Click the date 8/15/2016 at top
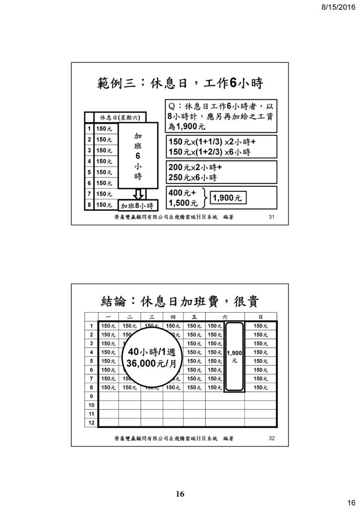pyautogui.click(x=339, y=7)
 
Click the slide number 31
pyautogui.click(x=271, y=217)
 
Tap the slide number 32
pyautogui.click(x=271, y=438)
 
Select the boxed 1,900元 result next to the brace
pyautogui.click(x=228, y=198)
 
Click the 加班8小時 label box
pyautogui.click(x=138, y=205)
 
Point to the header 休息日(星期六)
pyautogui.click(x=120, y=117)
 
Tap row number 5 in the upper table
pyautogui.click(x=90, y=172)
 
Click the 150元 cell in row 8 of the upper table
pyautogui.click(x=104, y=205)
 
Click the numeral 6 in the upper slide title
pyautogui.click(x=233, y=84)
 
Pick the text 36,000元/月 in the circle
pyautogui.click(x=152, y=363)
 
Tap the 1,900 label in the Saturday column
pyautogui.click(x=234, y=353)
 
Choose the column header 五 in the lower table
pyautogui.click(x=194, y=317)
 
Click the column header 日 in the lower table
pyautogui.click(x=261, y=317)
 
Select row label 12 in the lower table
pyautogui.click(x=91, y=423)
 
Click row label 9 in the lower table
pyautogui.click(x=91, y=396)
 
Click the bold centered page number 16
pyautogui.click(x=180, y=494)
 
